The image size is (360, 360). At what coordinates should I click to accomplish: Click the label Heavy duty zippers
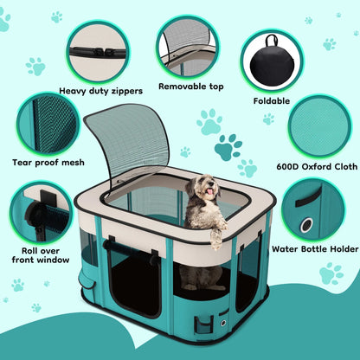(100, 89)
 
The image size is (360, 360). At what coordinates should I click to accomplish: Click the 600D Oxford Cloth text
(315, 167)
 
